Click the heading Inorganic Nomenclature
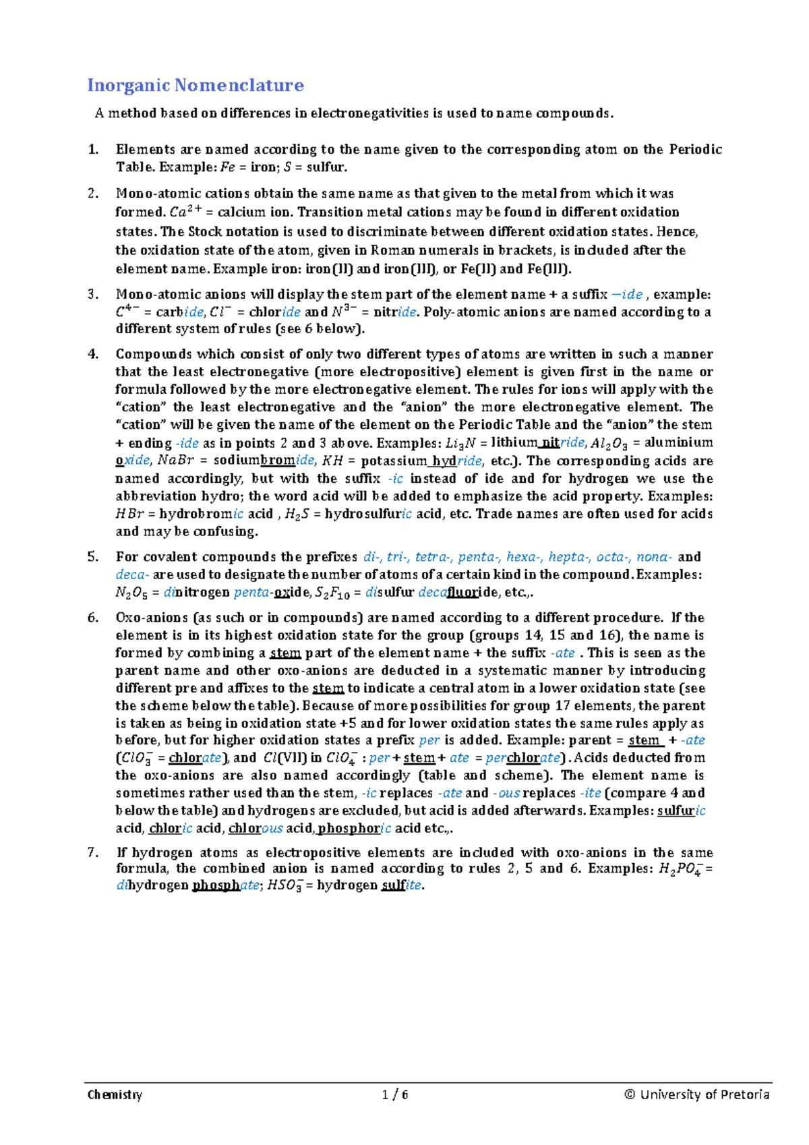(x=196, y=86)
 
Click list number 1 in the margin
(x=93, y=150)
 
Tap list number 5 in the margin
(x=93, y=557)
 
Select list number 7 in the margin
(x=93, y=852)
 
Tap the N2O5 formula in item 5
(x=131, y=593)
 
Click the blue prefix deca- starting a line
(x=132, y=575)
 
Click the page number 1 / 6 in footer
(x=396, y=1094)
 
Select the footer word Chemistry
(x=115, y=1094)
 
